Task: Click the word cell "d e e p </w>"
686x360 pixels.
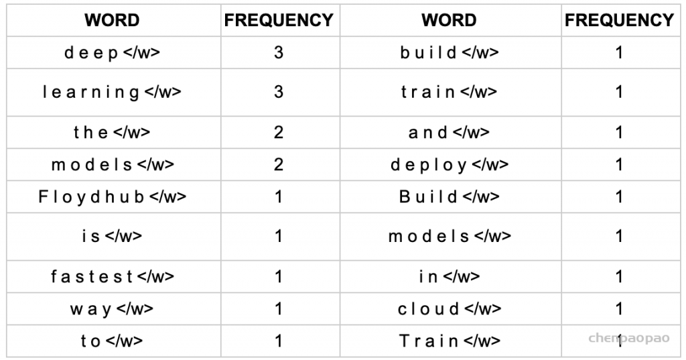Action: click(112, 52)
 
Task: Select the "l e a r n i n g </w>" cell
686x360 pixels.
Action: click(112, 92)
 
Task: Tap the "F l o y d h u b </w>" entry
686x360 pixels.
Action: click(112, 196)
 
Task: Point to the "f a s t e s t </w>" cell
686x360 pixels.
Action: click(112, 276)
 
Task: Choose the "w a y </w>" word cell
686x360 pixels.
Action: click(112, 309)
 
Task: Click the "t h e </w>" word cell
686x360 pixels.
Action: click(112, 132)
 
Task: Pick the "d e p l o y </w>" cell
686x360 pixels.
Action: click(450, 165)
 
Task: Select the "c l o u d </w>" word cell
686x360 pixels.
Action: click(450, 309)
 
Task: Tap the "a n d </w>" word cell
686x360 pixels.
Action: click(450, 132)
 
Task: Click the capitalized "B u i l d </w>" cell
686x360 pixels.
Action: click(450, 196)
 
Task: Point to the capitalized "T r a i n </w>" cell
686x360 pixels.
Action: click(450, 341)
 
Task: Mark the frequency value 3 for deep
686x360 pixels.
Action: click(279, 52)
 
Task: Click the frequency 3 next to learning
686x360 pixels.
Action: click(279, 92)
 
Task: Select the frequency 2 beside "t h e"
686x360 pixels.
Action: click(279, 132)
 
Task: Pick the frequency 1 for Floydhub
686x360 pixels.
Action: click(279, 196)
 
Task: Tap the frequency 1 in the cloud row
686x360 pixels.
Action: click(618, 309)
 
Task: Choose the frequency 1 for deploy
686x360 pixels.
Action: click(618, 165)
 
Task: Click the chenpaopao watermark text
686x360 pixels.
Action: click(629, 338)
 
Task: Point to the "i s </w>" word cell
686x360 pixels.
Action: click(112, 236)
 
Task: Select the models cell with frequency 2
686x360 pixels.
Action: click(112, 165)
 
